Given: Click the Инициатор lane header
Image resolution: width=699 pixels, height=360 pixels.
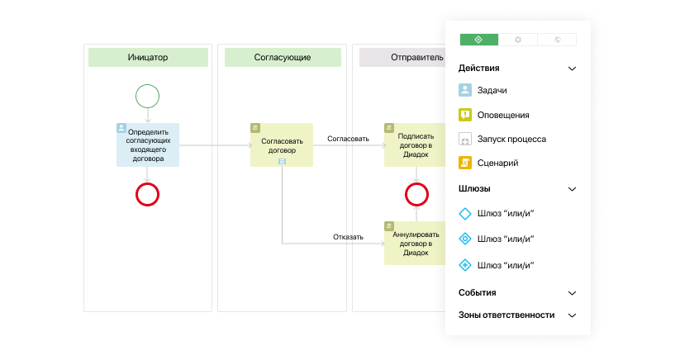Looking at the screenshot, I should point(148,57).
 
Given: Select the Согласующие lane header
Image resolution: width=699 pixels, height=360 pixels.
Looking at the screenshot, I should point(281,57).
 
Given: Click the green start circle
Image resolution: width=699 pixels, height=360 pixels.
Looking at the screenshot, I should point(147,97).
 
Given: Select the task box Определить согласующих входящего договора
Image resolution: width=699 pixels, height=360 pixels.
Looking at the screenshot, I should point(148,145).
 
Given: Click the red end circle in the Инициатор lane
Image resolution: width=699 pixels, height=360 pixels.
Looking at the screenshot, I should point(147,194).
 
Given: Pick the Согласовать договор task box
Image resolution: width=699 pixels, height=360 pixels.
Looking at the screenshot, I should point(282,145).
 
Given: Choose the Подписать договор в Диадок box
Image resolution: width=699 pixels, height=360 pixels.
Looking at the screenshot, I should point(416,145).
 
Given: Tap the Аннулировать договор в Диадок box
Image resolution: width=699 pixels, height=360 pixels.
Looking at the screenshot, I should point(416,243).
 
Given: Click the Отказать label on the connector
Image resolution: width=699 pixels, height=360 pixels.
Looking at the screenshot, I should point(348,237).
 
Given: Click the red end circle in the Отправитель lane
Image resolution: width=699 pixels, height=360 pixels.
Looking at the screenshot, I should point(416,194).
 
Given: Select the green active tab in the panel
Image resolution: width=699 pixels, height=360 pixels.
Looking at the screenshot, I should point(479,40).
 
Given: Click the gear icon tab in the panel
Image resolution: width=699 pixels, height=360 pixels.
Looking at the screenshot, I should point(518,40).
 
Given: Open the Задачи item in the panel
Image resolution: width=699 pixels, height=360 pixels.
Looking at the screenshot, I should point(492,91).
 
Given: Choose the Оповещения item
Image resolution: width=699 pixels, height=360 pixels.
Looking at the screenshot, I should point(502,115).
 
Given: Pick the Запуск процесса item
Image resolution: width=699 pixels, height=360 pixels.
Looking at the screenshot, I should point(511,139).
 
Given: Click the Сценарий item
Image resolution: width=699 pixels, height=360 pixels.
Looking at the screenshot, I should point(497,163).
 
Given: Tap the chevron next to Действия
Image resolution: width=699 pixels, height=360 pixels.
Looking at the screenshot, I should point(572,69).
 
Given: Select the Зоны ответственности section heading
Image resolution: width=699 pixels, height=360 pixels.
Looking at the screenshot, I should point(506,315).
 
